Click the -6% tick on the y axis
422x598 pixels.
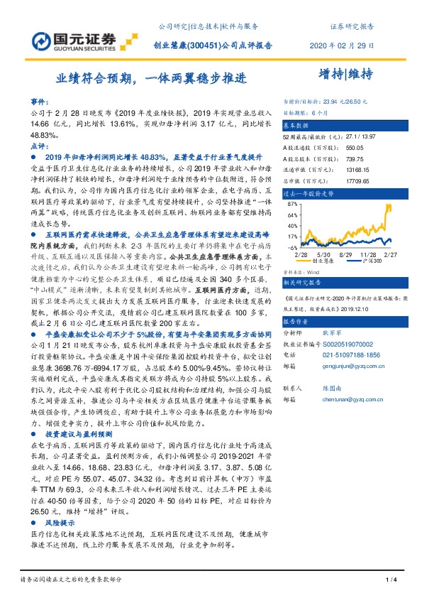pyautogui.click(x=290, y=246)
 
